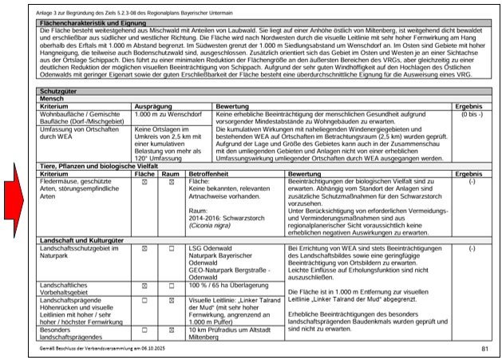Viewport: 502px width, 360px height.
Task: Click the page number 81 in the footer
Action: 484,350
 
